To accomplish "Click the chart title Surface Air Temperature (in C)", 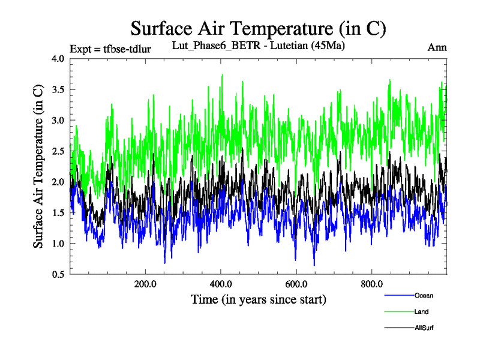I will (x=258, y=28).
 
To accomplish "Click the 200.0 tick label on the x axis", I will (x=145, y=284).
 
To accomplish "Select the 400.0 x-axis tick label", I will (x=221, y=284).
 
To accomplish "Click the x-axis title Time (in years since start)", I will (x=259, y=299).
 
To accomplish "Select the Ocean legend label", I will (x=424, y=295).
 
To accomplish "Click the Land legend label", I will (x=421, y=311).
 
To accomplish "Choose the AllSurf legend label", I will (x=424, y=328).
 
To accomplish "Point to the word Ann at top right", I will (x=437, y=47).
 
